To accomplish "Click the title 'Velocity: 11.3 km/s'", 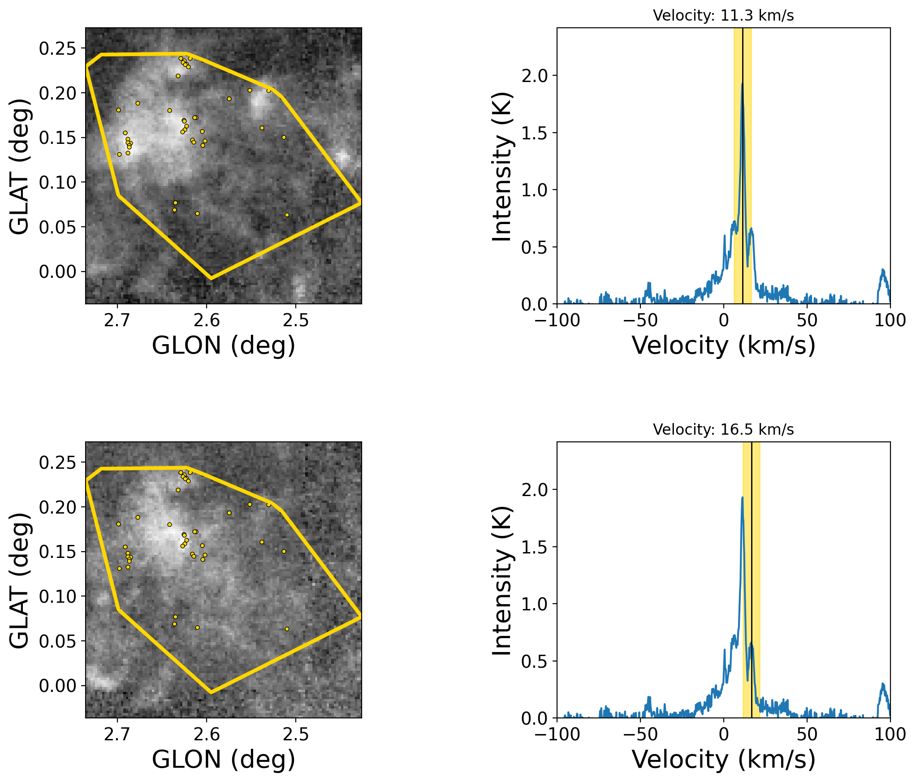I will tap(723, 16).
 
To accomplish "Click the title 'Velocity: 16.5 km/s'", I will tap(723, 430).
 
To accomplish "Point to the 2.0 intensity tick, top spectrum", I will tap(535, 76).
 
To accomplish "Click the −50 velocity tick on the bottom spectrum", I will tap(640, 734).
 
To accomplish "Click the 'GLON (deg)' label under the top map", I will tap(224, 346).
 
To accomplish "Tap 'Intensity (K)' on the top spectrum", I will tap(502, 167).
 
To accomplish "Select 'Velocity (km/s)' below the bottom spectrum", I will tap(723, 760).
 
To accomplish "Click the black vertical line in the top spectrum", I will tap(743, 179).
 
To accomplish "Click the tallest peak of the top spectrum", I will tap(742, 84).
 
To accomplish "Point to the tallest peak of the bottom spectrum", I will tap(742, 497).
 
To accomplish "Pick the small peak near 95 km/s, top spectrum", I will tap(883, 270).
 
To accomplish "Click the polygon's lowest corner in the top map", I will tap(211, 279).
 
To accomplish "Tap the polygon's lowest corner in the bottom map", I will tap(211, 693).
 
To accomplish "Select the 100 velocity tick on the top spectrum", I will tap(890, 320).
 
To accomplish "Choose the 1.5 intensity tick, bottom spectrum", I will tap(535, 547).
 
